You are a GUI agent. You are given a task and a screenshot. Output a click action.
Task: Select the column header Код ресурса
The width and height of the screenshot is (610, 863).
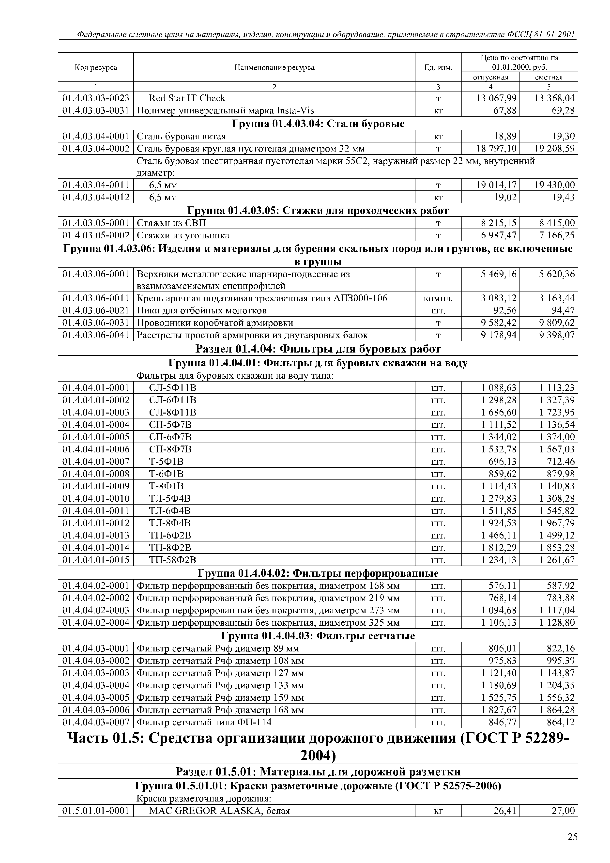coord(96,68)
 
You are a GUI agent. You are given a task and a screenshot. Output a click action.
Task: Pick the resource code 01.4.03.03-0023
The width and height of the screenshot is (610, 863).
coord(96,98)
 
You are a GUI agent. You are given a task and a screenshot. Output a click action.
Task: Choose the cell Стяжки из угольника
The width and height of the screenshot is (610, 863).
coord(183,236)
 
